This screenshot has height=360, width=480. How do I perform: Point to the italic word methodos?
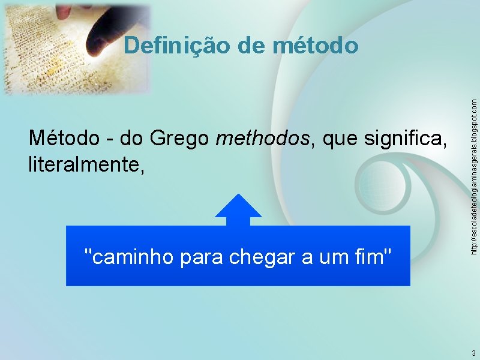(263, 139)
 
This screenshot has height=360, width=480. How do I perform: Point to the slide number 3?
(473, 353)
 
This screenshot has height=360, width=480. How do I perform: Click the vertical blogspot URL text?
(474, 168)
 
